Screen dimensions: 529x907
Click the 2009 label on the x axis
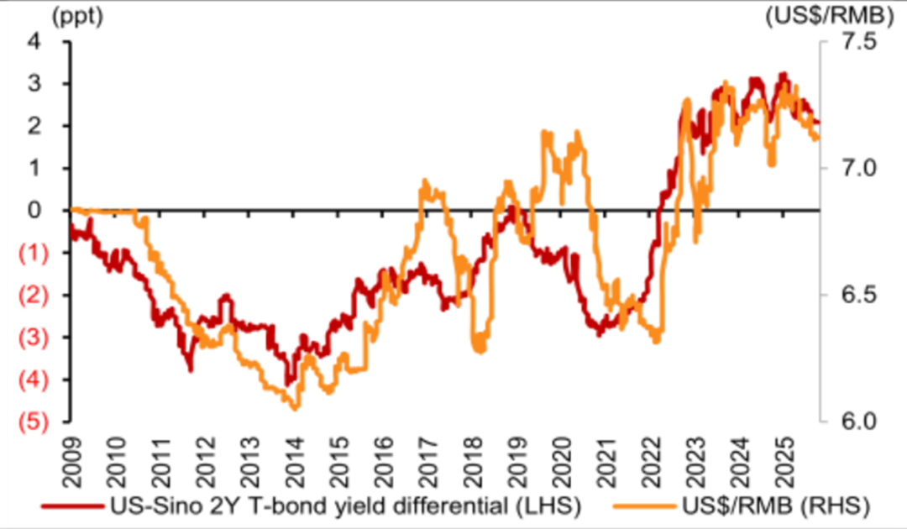pyautogui.click(x=72, y=453)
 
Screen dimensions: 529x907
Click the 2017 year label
pyautogui.click(x=427, y=453)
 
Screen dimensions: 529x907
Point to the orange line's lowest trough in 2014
pyautogui.click(x=295, y=409)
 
